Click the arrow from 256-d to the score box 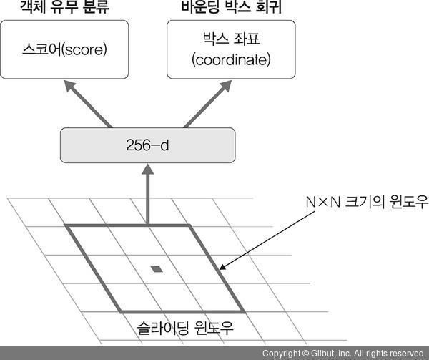click(89, 105)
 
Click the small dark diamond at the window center click(156, 269)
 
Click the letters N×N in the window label click(315, 203)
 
